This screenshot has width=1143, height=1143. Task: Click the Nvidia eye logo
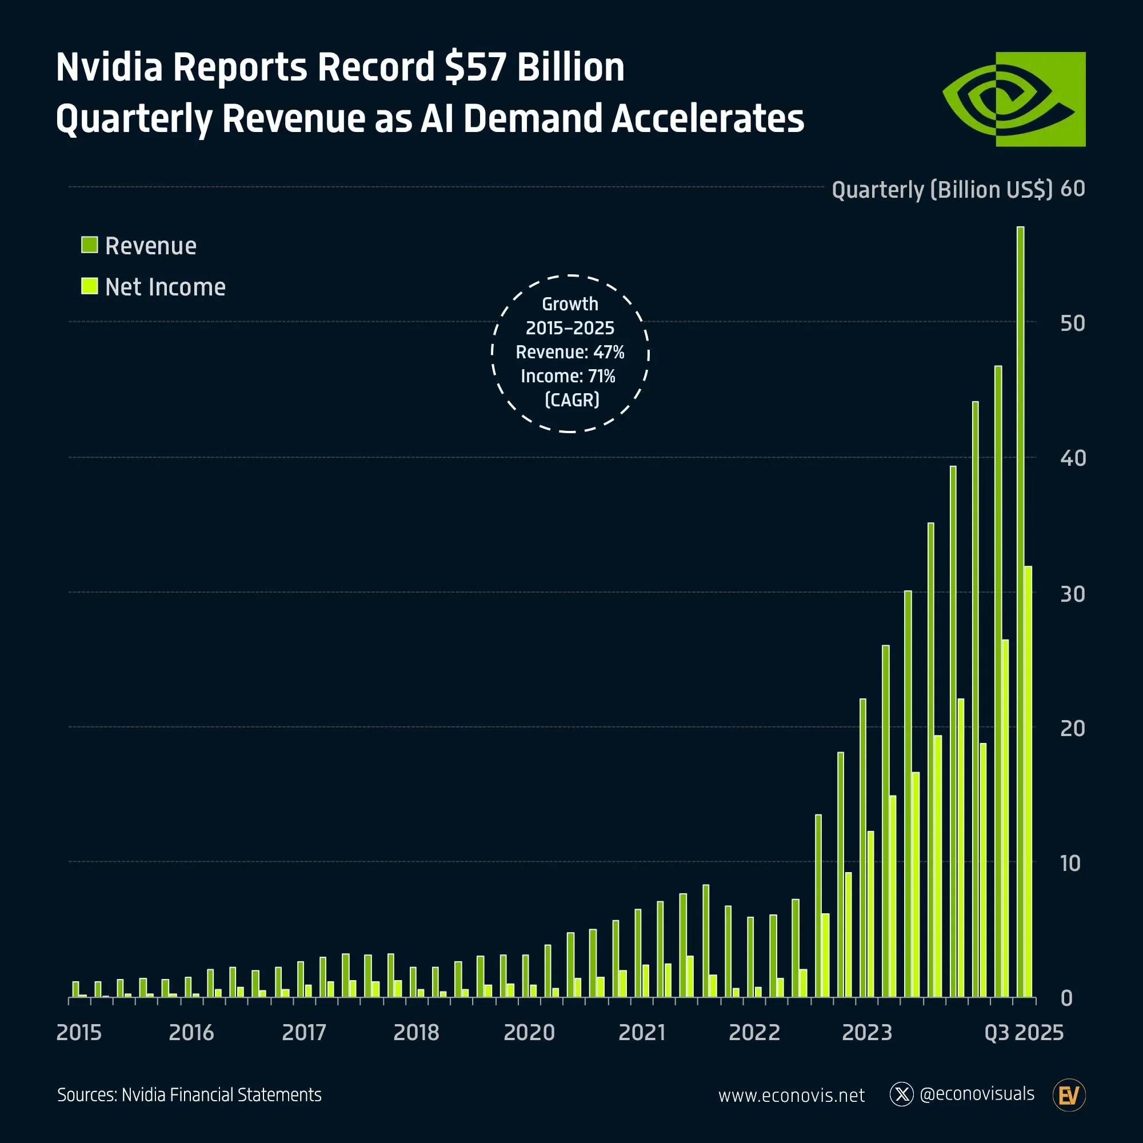click(x=1013, y=99)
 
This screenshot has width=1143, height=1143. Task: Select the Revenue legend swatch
click(x=89, y=245)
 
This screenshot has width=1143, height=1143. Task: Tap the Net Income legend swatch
click(x=89, y=286)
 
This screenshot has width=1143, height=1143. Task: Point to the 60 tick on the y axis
click(x=1072, y=189)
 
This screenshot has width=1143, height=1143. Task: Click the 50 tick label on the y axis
click(x=1072, y=323)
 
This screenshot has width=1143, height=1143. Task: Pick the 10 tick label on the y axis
click(x=1070, y=863)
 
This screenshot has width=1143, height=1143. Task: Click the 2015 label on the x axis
click(x=79, y=1032)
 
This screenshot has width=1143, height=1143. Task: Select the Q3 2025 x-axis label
click(x=1024, y=1032)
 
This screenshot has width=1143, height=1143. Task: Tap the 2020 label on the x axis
click(x=529, y=1032)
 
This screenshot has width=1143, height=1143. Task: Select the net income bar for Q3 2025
click(x=1028, y=781)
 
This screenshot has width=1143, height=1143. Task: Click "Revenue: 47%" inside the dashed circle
click(x=570, y=352)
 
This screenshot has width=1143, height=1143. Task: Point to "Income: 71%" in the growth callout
click(x=568, y=376)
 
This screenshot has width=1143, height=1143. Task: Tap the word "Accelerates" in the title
click(x=707, y=118)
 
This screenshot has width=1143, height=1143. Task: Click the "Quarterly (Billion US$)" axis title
click(x=942, y=190)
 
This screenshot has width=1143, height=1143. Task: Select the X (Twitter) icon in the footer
click(x=901, y=1094)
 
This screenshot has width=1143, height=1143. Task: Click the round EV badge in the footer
click(x=1069, y=1095)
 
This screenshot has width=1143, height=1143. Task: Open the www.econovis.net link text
click(x=791, y=1095)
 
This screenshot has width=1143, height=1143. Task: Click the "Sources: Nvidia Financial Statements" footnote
click(x=189, y=1094)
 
